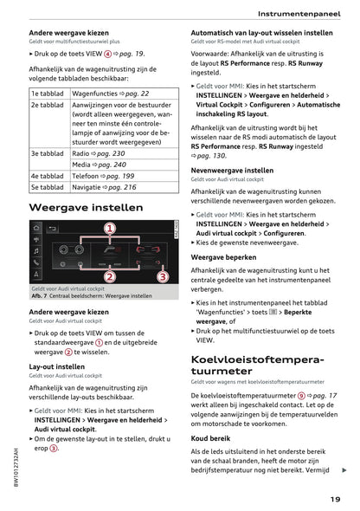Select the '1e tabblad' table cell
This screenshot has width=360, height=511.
(48, 94)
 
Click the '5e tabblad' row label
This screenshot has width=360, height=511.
(48, 186)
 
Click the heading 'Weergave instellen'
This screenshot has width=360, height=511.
(87, 209)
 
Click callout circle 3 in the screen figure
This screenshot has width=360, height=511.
(162, 276)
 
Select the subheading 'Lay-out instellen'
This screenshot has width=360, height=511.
(57, 366)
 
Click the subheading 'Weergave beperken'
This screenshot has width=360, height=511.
(225, 257)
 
